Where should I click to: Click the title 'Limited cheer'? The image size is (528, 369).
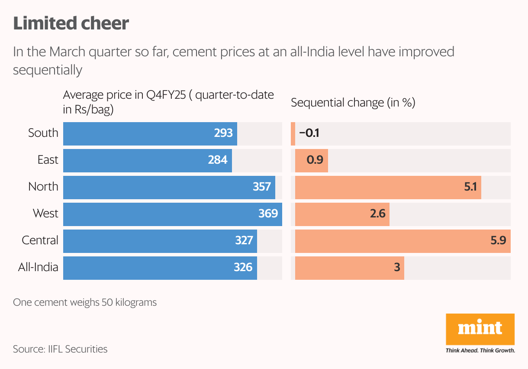click(x=71, y=23)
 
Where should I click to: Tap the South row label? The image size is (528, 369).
click(x=43, y=133)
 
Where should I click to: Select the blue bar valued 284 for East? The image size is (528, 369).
click(x=147, y=160)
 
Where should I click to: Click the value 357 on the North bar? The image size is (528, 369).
click(x=262, y=187)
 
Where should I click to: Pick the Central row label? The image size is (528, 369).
click(x=40, y=240)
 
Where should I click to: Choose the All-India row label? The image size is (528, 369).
click(x=38, y=267)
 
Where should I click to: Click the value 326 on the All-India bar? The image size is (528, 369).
click(x=243, y=267)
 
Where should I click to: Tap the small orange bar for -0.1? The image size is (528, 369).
click(x=293, y=133)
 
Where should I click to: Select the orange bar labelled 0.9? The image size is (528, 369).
click(x=312, y=160)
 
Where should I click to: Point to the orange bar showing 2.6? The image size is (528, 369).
click(x=342, y=214)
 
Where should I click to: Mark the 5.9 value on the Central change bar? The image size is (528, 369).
click(x=498, y=240)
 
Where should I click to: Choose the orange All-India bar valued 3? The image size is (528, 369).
click(x=349, y=267)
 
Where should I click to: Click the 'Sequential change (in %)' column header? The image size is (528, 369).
click(x=353, y=103)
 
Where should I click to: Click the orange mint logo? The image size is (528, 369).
click(x=480, y=330)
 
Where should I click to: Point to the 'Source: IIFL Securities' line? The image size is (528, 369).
click(x=60, y=349)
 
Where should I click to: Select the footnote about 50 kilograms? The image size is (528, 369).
click(x=85, y=302)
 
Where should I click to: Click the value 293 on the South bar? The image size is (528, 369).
click(x=223, y=133)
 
